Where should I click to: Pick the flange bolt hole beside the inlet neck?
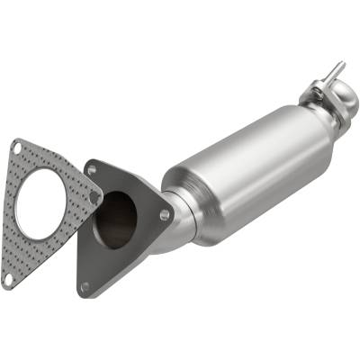click(164, 215)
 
